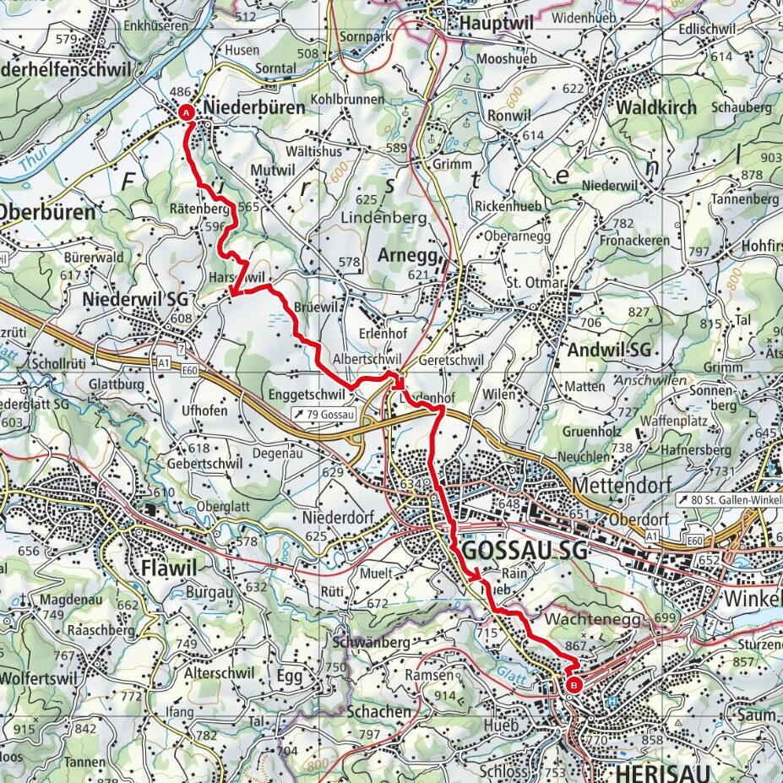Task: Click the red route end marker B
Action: [574, 685]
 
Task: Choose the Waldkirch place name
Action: [656, 108]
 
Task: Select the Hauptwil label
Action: [497, 24]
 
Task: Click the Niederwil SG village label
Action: [136, 299]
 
